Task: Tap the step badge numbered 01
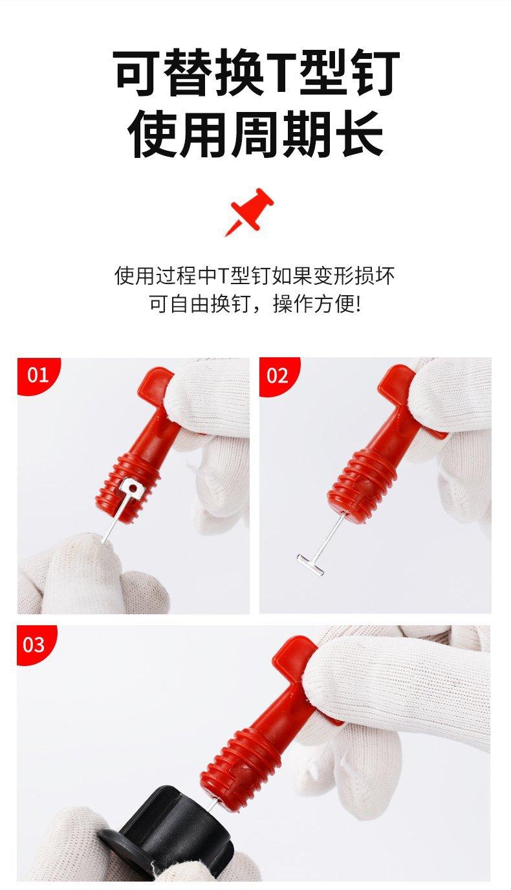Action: coord(38,375)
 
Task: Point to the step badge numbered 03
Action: coord(35,645)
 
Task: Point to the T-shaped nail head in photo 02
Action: coord(310,564)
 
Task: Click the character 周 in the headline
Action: coord(256,133)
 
